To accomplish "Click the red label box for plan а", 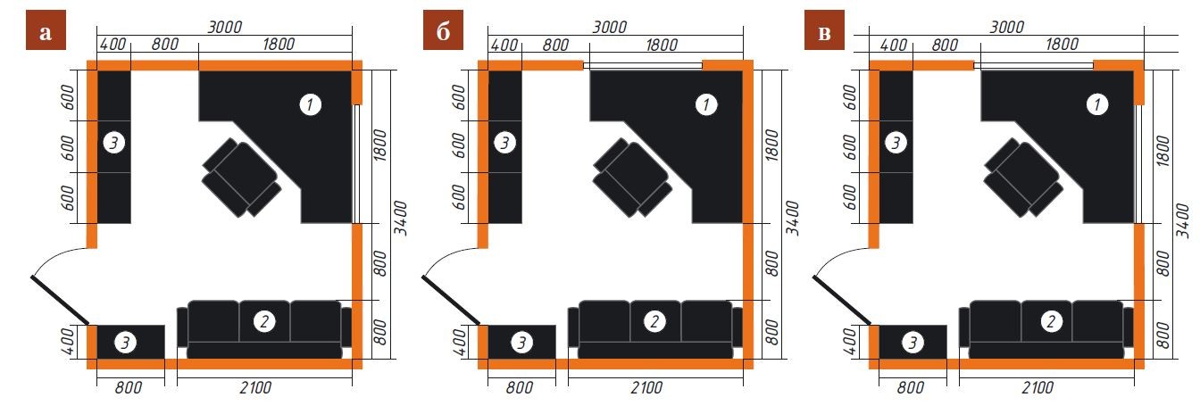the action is click(x=46, y=30).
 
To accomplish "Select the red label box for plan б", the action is click(x=443, y=30).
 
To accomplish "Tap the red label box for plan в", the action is click(x=824, y=30).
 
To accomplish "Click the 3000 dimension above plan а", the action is click(x=225, y=26).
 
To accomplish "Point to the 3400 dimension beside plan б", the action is click(x=792, y=218).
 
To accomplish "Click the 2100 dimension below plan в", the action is click(x=1037, y=387).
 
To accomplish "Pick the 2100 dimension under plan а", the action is click(x=255, y=387).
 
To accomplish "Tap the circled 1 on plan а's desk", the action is click(x=310, y=104).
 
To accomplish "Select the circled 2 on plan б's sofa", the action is click(x=654, y=321).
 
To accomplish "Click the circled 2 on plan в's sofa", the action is click(x=1051, y=321).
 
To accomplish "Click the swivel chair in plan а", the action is click(x=242, y=178).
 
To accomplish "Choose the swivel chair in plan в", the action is click(x=1024, y=178).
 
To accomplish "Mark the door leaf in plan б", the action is click(x=451, y=300).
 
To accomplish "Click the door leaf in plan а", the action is click(x=60, y=300).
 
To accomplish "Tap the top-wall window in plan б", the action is click(x=642, y=66).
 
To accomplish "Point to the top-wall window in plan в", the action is click(x=1033, y=66).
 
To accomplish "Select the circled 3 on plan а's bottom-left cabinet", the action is click(x=125, y=343).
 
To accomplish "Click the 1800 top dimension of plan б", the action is click(x=662, y=45).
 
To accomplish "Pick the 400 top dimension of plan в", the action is click(x=894, y=45).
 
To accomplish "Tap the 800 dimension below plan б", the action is click(x=520, y=387).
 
